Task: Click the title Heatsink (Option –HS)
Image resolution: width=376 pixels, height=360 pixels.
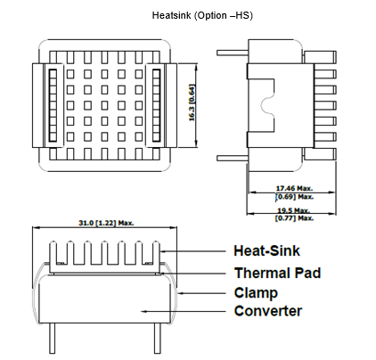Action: click(x=202, y=15)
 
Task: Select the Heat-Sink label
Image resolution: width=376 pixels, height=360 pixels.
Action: click(x=266, y=250)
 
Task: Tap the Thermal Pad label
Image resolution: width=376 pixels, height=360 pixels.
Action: click(x=278, y=273)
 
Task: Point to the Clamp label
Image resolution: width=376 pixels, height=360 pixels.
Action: click(x=256, y=293)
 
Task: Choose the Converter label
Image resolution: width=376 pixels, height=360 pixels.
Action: click(x=268, y=311)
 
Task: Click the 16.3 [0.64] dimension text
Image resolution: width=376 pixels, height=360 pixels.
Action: click(x=192, y=103)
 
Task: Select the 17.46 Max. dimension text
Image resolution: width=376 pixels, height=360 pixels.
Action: click(x=294, y=188)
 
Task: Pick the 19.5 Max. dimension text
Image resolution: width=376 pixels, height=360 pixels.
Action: click(x=293, y=210)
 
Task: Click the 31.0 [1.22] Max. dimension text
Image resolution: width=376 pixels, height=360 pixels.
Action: click(x=106, y=223)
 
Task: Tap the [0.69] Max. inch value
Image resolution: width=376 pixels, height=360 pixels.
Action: click(x=294, y=197)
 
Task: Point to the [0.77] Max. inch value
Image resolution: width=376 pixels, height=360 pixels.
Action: click(x=294, y=218)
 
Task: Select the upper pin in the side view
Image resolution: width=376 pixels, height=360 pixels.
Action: click(x=233, y=53)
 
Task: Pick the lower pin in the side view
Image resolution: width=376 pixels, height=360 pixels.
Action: click(x=233, y=159)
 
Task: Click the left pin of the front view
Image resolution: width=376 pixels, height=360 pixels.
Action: click(x=53, y=339)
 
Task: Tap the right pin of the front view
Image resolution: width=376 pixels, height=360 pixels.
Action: click(x=158, y=339)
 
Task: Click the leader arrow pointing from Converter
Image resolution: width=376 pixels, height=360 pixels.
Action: click(x=184, y=311)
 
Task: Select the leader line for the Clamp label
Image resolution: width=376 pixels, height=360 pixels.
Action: click(x=202, y=293)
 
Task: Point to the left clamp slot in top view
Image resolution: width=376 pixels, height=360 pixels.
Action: click(x=53, y=105)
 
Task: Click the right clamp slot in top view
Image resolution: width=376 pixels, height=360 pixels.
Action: click(x=156, y=105)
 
